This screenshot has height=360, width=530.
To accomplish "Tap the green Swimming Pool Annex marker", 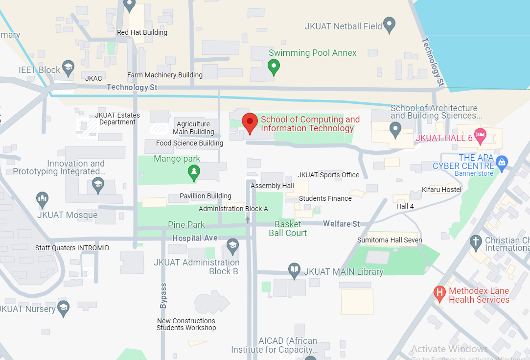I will click(274, 66).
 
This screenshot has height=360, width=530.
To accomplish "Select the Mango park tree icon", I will click(194, 172).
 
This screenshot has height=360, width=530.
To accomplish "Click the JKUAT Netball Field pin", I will click(389, 24).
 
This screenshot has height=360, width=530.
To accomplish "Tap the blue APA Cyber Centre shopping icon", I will click(501, 162).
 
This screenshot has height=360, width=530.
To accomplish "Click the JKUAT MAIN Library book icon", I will click(294, 270).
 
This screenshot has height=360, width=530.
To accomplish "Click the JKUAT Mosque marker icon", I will click(43, 199).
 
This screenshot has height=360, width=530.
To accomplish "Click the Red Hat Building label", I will click(142, 33).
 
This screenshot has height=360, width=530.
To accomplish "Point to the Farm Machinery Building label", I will click(165, 75).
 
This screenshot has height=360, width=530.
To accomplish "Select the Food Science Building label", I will click(189, 144).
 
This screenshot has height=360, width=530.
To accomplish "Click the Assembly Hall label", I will click(272, 186).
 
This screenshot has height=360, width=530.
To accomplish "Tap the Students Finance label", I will click(325, 198).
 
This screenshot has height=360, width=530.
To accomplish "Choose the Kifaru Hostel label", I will click(441, 190).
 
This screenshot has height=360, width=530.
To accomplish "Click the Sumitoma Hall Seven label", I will click(389, 240).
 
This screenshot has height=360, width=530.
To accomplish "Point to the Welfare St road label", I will click(341, 224).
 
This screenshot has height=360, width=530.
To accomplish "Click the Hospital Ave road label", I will click(195, 238).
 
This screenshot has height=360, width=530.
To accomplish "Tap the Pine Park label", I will click(186, 225).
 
